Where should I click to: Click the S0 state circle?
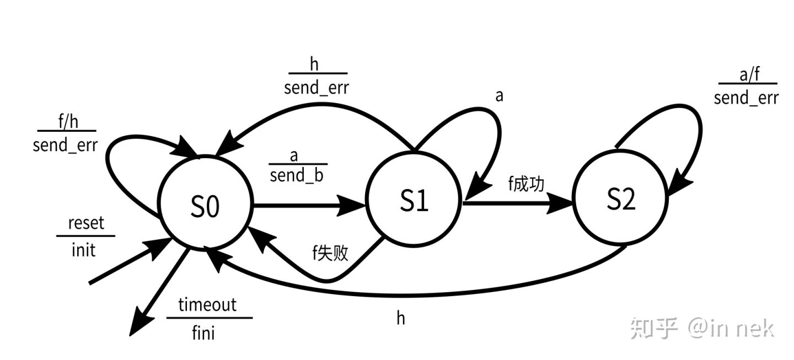205,206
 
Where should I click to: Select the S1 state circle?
414,202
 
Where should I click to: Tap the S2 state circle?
620,199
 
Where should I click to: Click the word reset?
85,224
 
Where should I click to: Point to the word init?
83,251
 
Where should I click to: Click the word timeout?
207,305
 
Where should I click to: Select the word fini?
203,332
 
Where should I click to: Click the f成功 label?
526,184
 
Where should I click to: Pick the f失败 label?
330,253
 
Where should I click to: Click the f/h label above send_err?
67,121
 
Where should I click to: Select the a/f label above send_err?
749,74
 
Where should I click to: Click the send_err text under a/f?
746,98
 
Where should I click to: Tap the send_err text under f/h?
65,146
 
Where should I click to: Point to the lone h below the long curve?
401,318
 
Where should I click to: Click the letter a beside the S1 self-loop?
499,96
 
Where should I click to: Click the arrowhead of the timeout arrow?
137,325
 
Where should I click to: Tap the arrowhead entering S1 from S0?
356,206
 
